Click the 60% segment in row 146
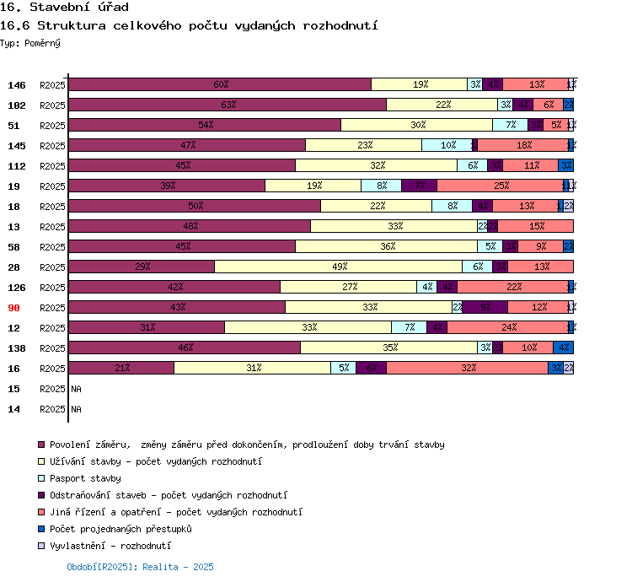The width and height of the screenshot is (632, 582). [220, 84]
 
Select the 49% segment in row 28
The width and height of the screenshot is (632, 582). [339, 267]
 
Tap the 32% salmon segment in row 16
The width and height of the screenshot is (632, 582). [468, 368]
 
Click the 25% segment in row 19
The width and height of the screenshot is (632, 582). [501, 186]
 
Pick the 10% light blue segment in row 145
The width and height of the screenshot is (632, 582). [447, 145]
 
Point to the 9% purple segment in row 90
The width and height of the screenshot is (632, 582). [485, 307]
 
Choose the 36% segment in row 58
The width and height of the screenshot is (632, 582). [387, 246]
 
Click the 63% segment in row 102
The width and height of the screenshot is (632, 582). [228, 105]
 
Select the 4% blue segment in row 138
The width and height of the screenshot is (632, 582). [564, 348]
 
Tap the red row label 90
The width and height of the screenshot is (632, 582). [14, 308]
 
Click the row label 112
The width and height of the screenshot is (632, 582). [17, 166]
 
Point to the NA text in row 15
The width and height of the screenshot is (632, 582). [76, 389]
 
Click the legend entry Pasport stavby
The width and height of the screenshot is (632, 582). [85, 478]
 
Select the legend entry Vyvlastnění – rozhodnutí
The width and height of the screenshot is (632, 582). [110, 546]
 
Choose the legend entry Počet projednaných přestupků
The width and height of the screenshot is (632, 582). [121, 529]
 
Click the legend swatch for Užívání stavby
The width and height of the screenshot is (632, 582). [40, 461]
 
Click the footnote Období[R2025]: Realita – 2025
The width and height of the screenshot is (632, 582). [140, 567]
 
